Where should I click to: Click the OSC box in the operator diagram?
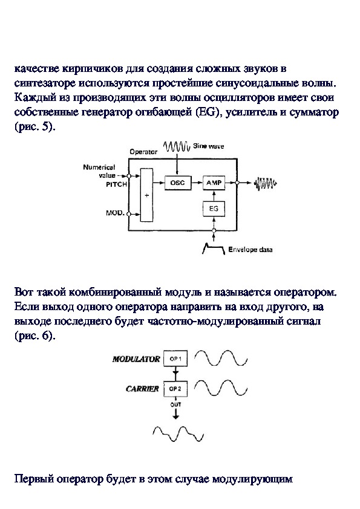coord(177,183)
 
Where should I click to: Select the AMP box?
coord(214,183)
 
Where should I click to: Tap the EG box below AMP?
coord(214,209)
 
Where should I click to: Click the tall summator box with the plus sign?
coord(146,195)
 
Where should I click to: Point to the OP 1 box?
coord(175,359)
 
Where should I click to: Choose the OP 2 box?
coord(175,389)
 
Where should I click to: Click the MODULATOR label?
coord(136,359)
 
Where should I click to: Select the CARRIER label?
coord(142,389)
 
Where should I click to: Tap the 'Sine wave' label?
coord(208,146)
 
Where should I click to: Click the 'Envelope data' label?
coord(250,250)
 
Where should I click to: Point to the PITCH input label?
coord(116,184)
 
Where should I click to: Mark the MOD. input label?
coord(116,213)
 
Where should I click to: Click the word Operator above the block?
coord(143,152)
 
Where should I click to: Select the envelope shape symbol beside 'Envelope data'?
coord(214,249)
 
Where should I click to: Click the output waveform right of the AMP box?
coord(265,183)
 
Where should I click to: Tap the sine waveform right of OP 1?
coord(221,358)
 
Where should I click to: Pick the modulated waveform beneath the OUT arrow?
coord(178,433)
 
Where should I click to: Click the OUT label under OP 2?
coord(175,404)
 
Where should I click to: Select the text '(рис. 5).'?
coord(35,127)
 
